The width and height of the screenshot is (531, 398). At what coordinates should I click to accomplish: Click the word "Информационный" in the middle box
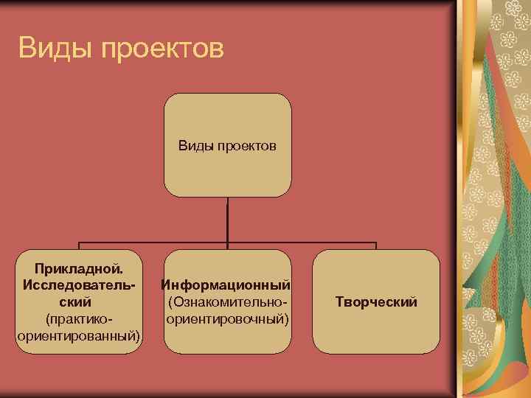[226, 284]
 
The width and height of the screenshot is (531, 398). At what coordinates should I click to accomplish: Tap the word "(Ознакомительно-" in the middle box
[226, 302]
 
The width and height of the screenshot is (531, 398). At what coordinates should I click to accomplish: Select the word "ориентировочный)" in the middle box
[227, 319]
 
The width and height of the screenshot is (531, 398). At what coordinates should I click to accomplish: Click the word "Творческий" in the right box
[376, 302]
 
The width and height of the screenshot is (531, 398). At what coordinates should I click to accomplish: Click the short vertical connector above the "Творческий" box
[376, 247]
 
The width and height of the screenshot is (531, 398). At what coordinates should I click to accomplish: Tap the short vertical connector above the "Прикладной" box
[79, 247]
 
